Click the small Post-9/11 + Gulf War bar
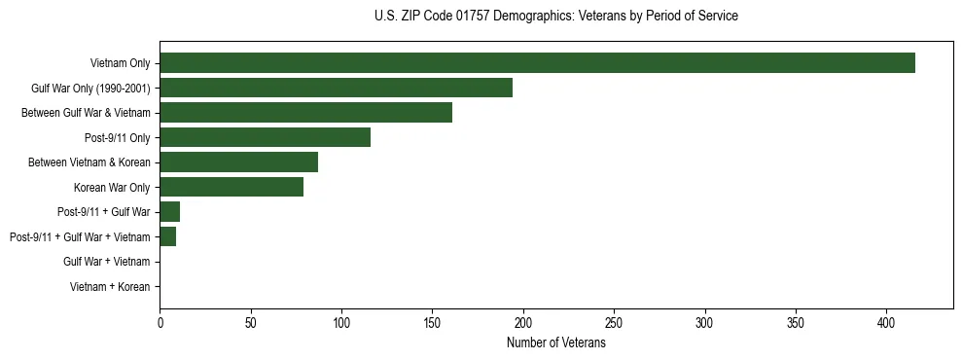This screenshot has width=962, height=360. point(169,212)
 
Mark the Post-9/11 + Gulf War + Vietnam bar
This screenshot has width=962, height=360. point(167,236)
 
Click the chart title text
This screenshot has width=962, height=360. point(555,17)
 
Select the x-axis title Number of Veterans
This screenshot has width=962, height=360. point(555,343)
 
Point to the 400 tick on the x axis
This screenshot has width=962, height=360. point(886,322)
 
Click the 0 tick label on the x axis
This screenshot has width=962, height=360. point(160,322)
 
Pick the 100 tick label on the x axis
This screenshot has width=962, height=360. point(341,322)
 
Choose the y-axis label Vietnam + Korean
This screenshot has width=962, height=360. point(110,287)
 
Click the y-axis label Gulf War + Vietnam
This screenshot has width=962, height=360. point(106,262)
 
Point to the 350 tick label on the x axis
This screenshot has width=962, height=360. point(796,322)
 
